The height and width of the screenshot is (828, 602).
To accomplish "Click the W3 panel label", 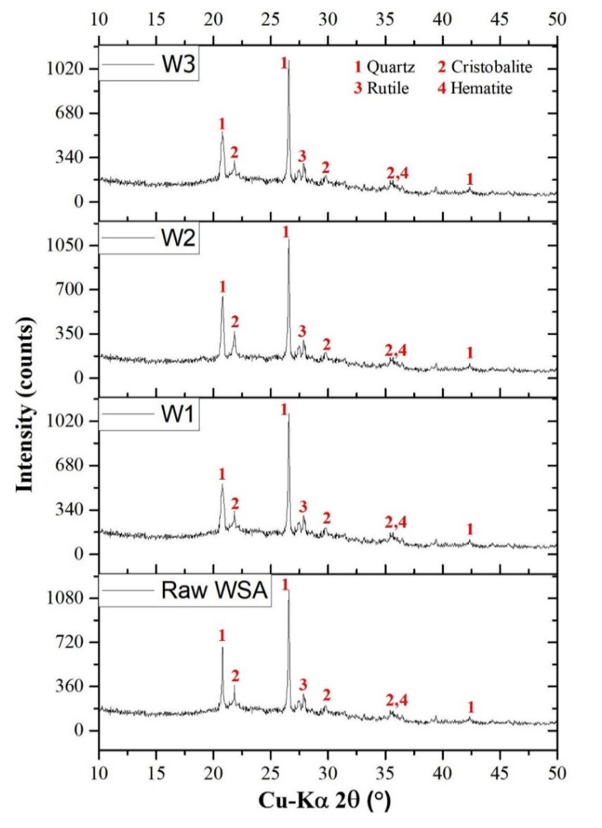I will point(179,65).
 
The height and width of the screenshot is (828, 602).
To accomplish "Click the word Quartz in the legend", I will point(390,67).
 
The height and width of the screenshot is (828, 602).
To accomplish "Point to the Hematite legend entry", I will point(481,88).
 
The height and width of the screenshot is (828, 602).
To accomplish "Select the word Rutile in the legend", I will point(388,88).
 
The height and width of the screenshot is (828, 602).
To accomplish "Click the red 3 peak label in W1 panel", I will point(303,507).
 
